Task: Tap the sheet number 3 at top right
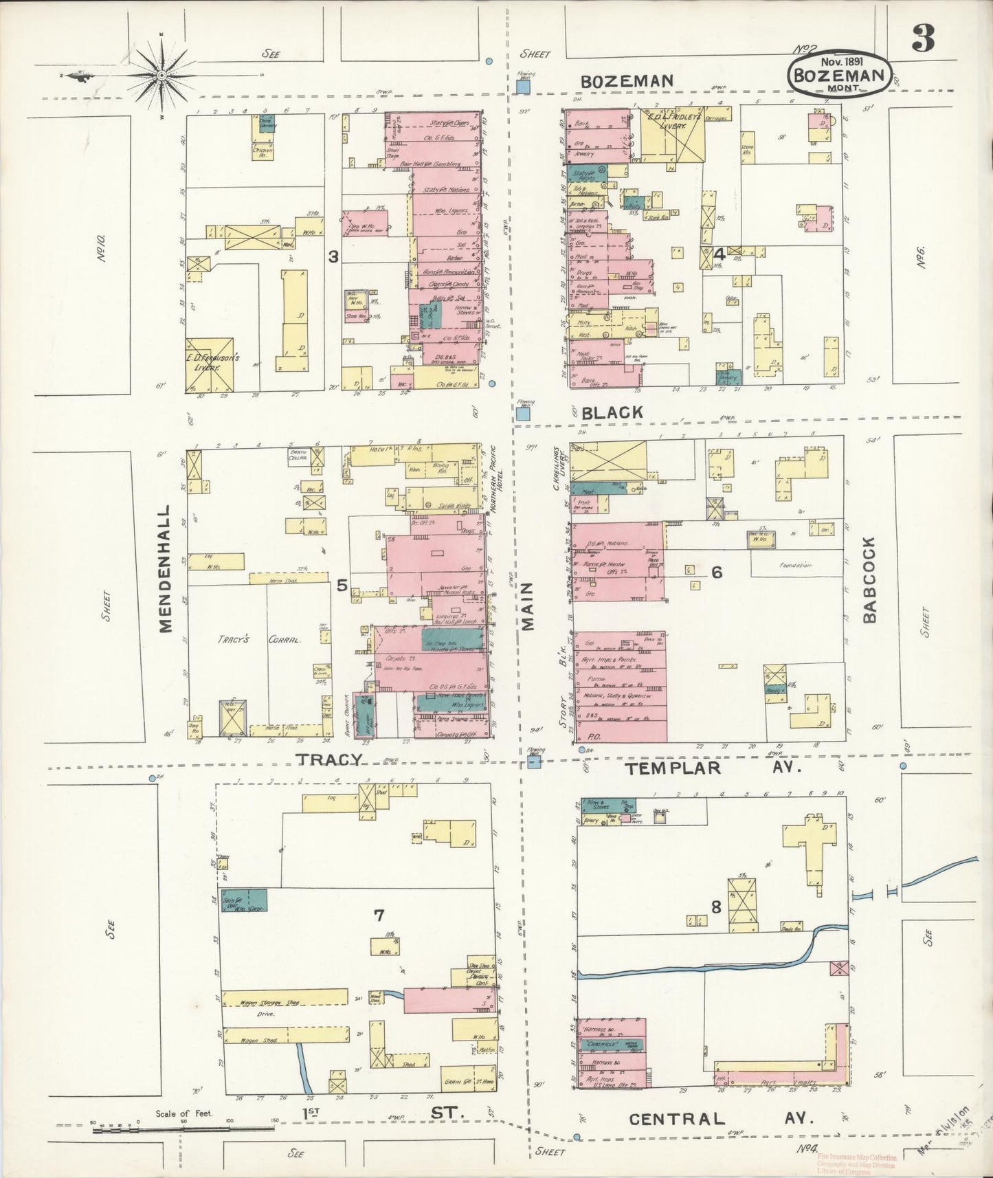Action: pos(923,42)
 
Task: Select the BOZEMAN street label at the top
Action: pos(627,81)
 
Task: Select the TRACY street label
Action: pos(329,759)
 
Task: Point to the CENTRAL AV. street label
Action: pos(721,1119)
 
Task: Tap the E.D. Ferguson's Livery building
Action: pos(210,365)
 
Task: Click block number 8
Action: pos(715,907)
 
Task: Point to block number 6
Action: pos(716,572)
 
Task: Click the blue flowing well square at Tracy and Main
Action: pos(535,762)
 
